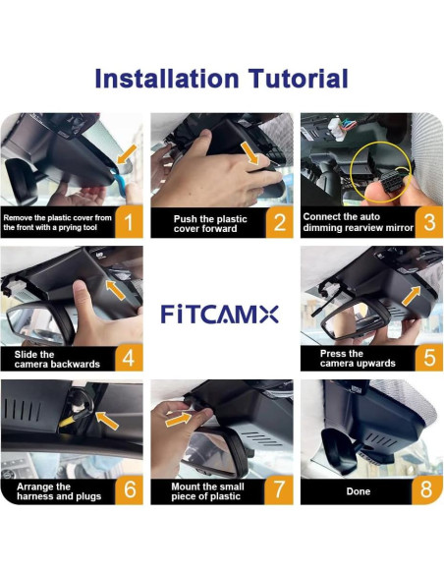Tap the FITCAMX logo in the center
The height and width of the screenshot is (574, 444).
click(x=221, y=315)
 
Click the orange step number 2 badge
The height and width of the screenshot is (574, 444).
click(x=279, y=222)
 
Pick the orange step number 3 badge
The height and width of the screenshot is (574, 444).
click(x=427, y=222)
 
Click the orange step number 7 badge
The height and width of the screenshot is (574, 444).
click(x=279, y=488)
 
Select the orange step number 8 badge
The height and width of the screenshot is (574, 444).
click(x=427, y=488)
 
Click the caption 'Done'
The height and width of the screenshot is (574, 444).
click(x=358, y=489)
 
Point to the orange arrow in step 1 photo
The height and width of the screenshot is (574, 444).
click(x=125, y=154)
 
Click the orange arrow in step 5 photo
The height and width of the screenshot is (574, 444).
click(x=416, y=292)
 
